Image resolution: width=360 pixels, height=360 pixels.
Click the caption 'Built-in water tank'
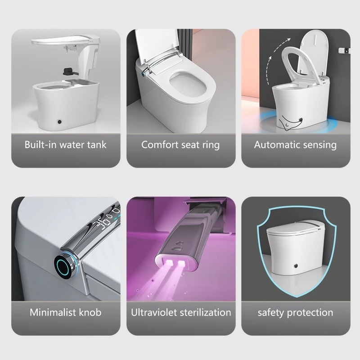[66, 145]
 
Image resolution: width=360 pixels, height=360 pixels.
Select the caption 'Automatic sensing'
[295, 145]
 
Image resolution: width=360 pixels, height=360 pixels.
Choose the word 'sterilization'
[205, 312]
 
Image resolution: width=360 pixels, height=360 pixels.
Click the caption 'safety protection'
[295, 312]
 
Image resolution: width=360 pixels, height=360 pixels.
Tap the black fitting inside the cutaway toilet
[69, 71]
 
